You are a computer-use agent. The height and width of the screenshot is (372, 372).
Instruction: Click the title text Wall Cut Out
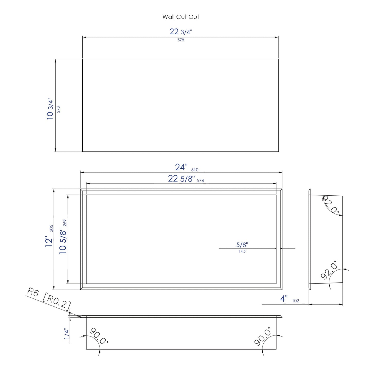(181, 17)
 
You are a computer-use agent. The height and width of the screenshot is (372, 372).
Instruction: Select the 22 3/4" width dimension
(181, 32)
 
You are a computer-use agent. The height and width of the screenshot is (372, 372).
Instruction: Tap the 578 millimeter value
(181, 40)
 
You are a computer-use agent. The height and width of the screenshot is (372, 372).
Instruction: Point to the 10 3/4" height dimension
(50, 109)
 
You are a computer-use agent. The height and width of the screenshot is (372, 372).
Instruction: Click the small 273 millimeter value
(58, 109)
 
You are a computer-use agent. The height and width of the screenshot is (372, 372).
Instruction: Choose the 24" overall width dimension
(181, 167)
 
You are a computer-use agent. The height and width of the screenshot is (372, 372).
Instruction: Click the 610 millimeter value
(195, 170)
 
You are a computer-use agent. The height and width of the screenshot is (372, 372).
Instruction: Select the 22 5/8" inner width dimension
(181, 179)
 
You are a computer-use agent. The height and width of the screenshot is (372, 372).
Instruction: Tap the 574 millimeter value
(200, 181)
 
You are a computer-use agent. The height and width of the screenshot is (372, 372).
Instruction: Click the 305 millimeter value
(51, 228)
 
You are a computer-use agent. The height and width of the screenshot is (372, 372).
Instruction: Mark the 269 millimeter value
(65, 223)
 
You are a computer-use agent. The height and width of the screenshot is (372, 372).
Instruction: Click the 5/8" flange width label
(242, 245)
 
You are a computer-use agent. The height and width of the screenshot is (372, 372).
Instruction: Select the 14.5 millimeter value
(242, 252)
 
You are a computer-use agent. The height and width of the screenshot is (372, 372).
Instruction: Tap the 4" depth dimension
(284, 299)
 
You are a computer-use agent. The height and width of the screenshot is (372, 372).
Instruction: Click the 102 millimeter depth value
(296, 301)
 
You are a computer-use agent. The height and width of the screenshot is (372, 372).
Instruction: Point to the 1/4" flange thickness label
(66, 334)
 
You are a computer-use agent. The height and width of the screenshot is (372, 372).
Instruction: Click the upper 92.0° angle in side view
(331, 205)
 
